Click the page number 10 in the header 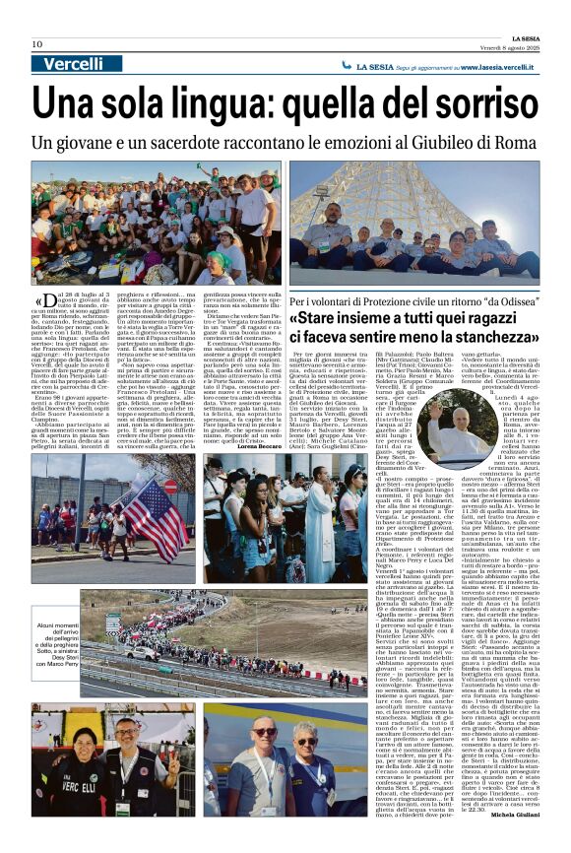(x=36, y=44)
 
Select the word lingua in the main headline (x=217, y=105)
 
